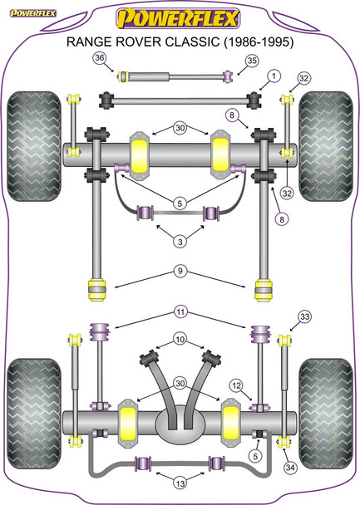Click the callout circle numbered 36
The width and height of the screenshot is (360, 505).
click(x=100, y=58)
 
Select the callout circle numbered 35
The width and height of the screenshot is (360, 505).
click(x=252, y=61)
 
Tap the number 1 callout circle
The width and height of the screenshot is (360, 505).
click(x=274, y=76)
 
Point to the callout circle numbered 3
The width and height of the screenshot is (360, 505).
click(x=180, y=241)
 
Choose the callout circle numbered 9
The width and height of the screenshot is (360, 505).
click(x=180, y=271)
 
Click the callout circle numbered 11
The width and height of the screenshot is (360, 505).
click(x=180, y=311)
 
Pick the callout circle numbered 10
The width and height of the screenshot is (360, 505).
click(x=180, y=339)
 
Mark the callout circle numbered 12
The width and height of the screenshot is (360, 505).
click(x=237, y=385)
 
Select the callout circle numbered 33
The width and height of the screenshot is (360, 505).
click(x=304, y=316)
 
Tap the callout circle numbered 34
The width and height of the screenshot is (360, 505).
click(x=290, y=467)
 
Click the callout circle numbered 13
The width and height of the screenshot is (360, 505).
click(x=180, y=483)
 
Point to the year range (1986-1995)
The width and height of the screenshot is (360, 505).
click(x=259, y=42)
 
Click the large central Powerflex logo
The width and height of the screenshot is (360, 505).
click(x=178, y=18)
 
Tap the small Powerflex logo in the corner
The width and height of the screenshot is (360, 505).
click(x=33, y=13)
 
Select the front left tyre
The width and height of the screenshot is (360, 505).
click(x=34, y=146)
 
